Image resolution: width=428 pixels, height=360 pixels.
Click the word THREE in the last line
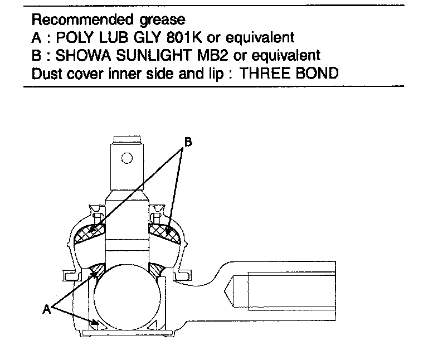(x=264, y=72)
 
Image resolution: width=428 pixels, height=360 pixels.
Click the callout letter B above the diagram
(x=188, y=143)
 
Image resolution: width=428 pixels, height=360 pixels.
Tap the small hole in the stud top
(x=127, y=158)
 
